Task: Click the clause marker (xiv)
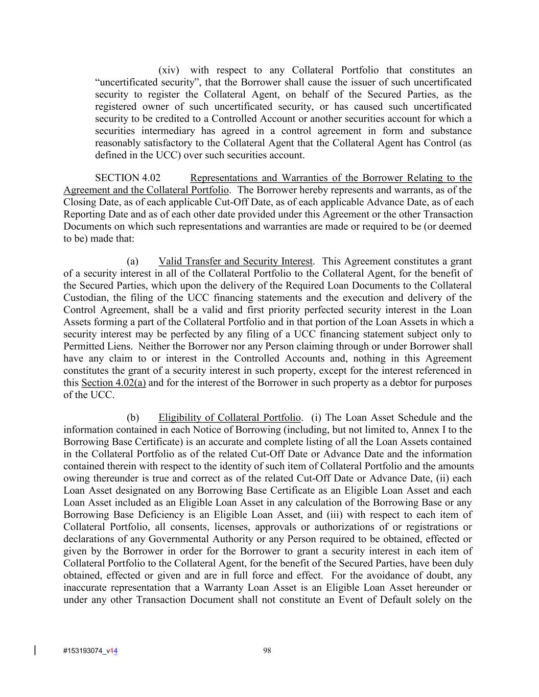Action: coord(169,70)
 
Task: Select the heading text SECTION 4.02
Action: coord(128,178)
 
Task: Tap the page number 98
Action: coord(267,650)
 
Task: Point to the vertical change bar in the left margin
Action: coord(35,650)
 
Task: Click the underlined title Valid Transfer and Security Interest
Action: coord(235,261)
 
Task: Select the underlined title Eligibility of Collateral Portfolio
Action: coord(229,418)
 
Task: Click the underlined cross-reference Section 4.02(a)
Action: coord(113,383)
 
